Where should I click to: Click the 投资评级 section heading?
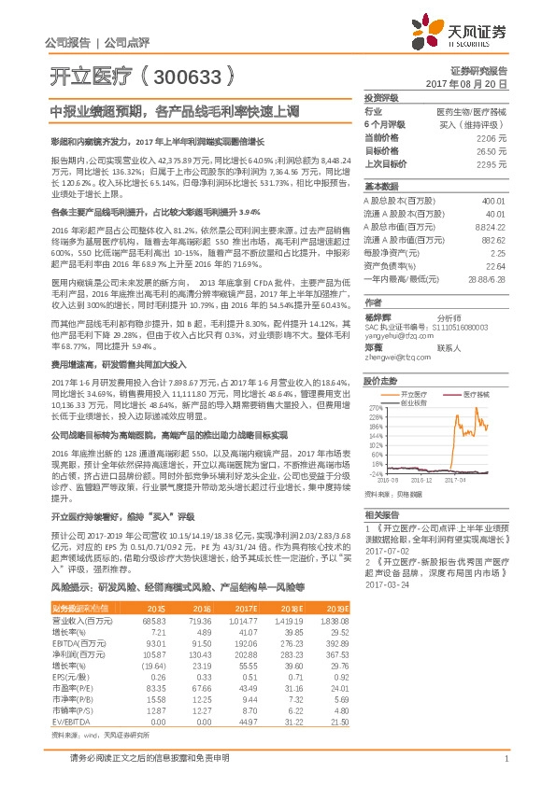[x=381, y=97]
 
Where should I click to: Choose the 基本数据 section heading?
[x=381, y=185]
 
